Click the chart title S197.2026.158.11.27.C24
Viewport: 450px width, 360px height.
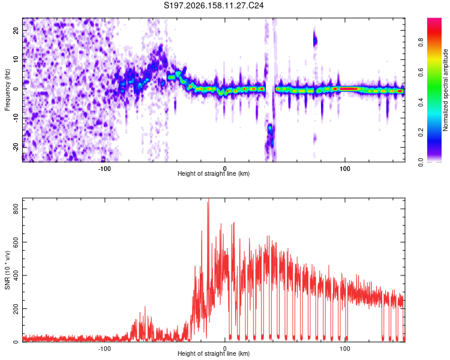tap(214, 5)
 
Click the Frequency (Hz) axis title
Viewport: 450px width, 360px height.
tap(7, 90)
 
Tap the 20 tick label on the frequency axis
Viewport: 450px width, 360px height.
tap(16, 31)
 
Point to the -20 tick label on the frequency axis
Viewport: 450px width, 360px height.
tap(16, 147)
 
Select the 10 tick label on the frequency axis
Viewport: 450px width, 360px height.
tap(16, 59)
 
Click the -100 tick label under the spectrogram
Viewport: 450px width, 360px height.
tap(104, 169)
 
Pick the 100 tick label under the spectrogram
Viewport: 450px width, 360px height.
tap(344, 169)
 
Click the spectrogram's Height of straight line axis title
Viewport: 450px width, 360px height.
tap(214, 173)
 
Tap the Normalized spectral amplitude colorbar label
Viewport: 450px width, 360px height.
tap(445, 90)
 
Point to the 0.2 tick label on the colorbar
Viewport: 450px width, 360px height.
tap(421, 133)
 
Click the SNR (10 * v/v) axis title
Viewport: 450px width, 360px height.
tap(7, 270)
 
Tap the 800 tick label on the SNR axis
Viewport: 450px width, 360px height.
tap(16, 209)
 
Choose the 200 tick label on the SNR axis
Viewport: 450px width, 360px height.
tap(16, 308)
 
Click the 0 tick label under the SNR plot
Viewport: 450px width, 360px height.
tap(225, 348)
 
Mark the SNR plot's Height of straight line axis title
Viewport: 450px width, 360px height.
tap(214, 353)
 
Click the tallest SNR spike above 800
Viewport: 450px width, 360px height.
tap(209, 201)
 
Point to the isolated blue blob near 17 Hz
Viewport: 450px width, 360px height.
tap(315, 41)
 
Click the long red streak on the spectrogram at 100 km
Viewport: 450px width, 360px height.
tap(349, 89)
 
